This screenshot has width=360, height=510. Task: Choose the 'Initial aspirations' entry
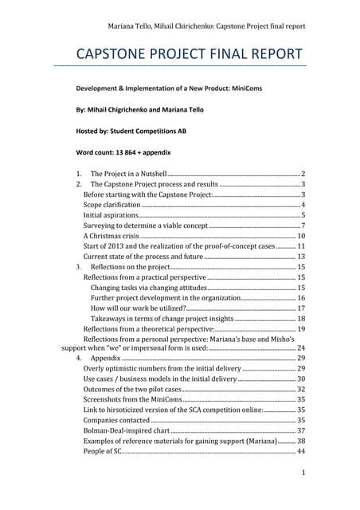click(x=111, y=215)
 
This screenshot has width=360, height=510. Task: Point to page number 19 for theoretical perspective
click(x=301, y=328)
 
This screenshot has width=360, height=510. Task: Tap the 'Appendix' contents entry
click(x=107, y=359)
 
